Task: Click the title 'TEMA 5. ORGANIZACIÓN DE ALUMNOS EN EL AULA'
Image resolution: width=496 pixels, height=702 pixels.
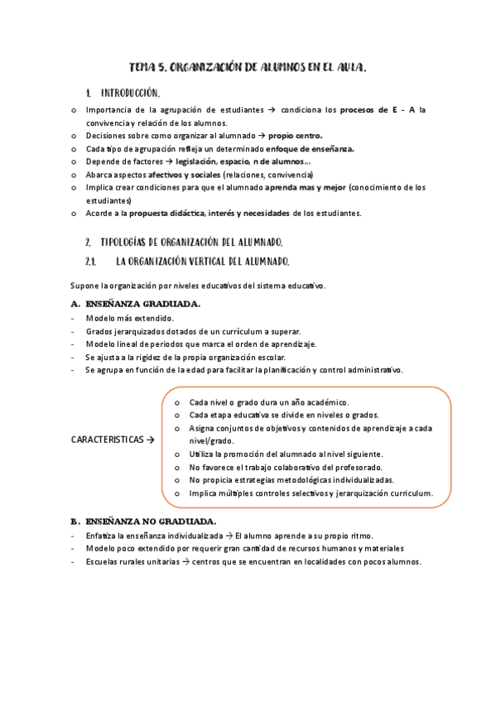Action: [248, 67]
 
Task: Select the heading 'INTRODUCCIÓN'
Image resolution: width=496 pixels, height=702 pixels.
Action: [130, 93]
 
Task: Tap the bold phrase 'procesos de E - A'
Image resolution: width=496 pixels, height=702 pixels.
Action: [378, 109]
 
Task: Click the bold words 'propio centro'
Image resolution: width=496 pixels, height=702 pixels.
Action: [296, 135]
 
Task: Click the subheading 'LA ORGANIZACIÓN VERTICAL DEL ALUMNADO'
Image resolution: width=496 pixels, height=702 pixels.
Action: [202, 262]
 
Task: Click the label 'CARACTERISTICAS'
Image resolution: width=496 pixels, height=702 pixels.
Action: [107, 440]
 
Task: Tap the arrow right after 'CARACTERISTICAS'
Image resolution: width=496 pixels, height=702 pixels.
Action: [151, 440]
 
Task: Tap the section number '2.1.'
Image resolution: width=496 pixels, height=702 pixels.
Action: [91, 262]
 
